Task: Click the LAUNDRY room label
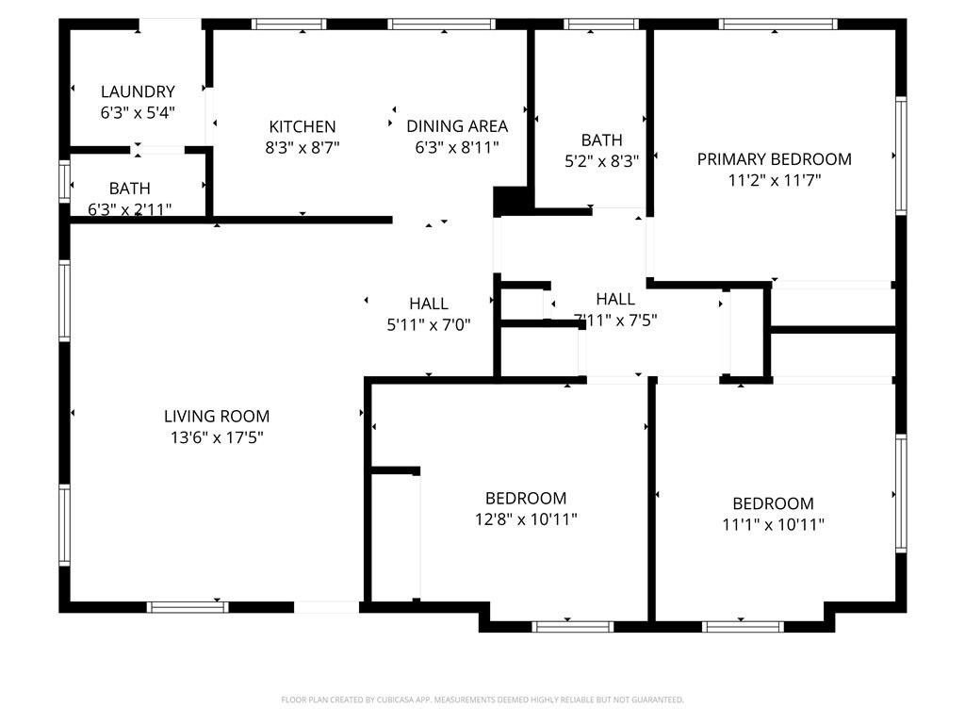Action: click(x=138, y=91)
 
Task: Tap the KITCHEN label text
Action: click(x=303, y=127)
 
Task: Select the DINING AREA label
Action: click(x=457, y=126)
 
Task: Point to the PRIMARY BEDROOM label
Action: click(x=775, y=159)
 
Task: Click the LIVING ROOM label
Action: click(x=217, y=416)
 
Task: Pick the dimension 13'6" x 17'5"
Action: click(x=217, y=437)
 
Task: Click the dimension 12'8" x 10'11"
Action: click(x=526, y=519)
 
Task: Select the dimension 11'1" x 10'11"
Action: click(x=773, y=524)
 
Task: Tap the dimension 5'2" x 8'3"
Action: click(x=602, y=161)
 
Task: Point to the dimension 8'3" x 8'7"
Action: click(x=303, y=148)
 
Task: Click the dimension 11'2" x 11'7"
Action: click(x=775, y=180)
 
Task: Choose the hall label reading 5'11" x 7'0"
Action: click(x=429, y=324)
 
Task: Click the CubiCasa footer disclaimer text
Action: click(x=482, y=700)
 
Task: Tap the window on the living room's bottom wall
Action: click(x=188, y=607)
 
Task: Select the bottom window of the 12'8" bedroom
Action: click(x=573, y=627)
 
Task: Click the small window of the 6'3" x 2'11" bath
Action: click(x=64, y=181)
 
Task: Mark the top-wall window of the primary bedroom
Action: click(x=777, y=25)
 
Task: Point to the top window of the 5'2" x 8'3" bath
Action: click(x=602, y=25)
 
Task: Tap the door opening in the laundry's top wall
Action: click(x=171, y=25)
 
